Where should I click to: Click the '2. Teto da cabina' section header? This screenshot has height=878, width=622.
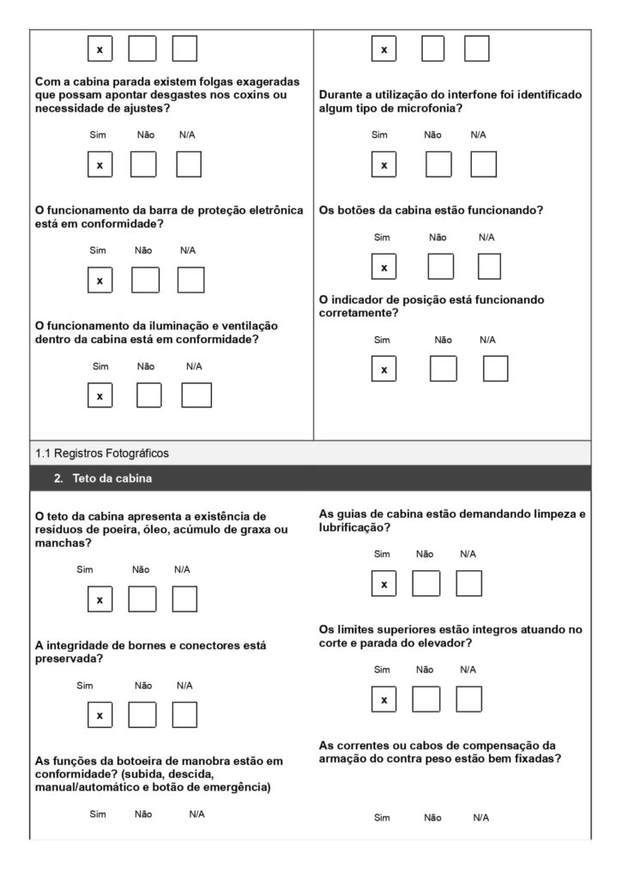(103, 478)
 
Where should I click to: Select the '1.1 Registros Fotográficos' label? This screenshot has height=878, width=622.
(96, 452)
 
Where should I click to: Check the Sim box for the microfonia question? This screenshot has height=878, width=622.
(383, 164)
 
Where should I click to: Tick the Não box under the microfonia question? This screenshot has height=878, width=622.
(438, 164)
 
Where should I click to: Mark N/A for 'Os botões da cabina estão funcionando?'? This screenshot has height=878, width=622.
(489, 267)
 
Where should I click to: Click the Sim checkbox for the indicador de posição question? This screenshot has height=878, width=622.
(383, 369)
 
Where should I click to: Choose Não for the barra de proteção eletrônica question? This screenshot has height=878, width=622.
(145, 280)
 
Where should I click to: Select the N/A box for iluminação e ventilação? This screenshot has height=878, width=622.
(196, 395)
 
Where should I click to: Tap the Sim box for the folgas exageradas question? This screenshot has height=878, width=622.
(100, 164)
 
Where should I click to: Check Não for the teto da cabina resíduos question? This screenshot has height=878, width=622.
(142, 599)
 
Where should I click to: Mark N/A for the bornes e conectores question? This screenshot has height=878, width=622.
(184, 714)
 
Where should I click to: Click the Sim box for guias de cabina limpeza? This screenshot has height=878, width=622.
(383, 583)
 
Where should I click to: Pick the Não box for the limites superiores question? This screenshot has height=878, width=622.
(426, 699)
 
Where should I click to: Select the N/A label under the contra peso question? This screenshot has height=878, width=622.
(480, 818)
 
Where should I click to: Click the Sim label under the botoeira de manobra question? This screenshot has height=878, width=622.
(98, 815)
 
